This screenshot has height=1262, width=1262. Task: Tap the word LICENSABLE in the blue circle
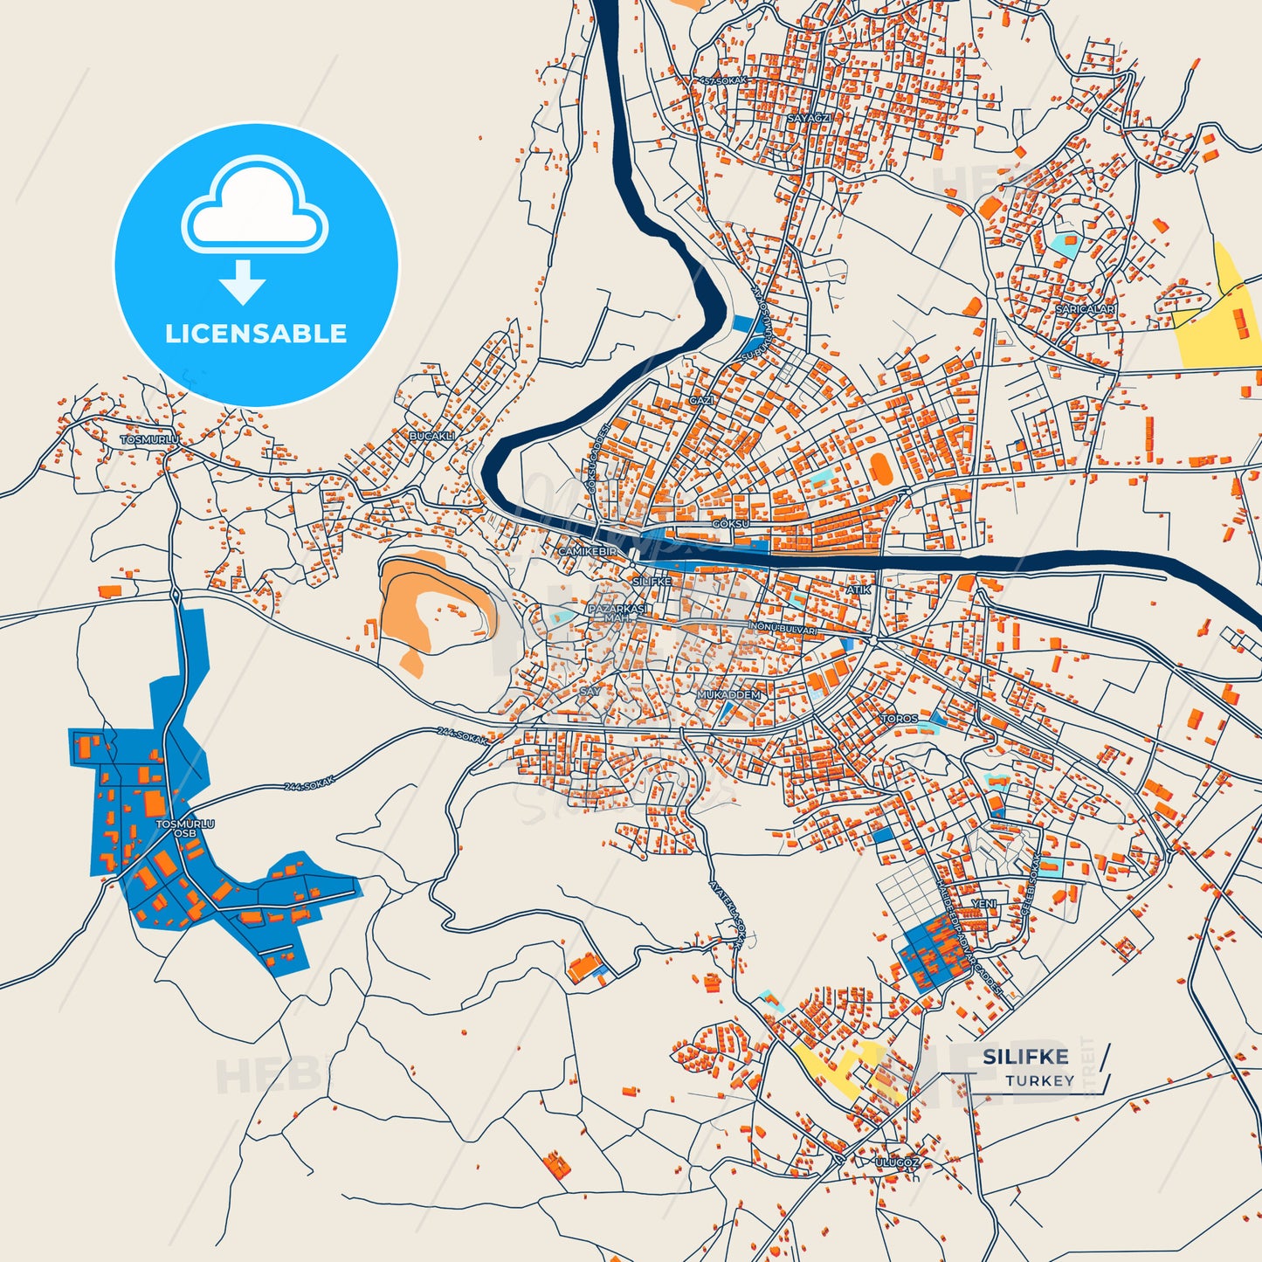[x=256, y=334]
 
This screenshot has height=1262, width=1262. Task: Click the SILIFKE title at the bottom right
[x=1025, y=1057]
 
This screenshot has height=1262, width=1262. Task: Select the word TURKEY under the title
[x=1039, y=1081]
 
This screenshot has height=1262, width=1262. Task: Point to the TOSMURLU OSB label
[x=184, y=828]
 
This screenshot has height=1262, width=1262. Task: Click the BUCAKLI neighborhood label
[x=432, y=436]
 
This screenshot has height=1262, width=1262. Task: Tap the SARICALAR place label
[x=1085, y=309]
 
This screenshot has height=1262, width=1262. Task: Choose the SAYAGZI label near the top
[x=809, y=118]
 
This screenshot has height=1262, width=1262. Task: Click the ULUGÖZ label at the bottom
[x=897, y=1163]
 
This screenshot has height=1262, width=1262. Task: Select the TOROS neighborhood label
[x=900, y=719]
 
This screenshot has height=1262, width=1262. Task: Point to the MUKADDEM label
[x=729, y=695]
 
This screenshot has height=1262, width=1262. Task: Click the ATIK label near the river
[x=859, y=590]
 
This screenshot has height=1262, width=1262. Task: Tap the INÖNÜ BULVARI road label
[x=783, y=629]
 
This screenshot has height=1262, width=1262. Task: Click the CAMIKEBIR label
[x=587, y=552]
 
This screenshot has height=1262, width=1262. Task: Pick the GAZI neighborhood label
[x=701, y=400]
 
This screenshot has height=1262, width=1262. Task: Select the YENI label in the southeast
[x=983, y=904]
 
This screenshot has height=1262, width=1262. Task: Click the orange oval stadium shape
[x=881, y=468]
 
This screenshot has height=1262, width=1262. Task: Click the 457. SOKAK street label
[x=724, y=81]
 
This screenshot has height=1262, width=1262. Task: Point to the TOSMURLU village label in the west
[x=149, y=439]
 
